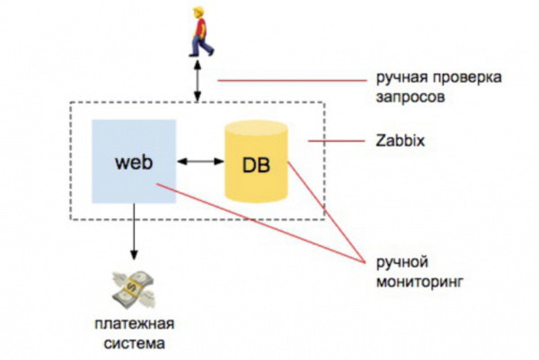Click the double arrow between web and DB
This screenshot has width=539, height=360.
tap(199, 162)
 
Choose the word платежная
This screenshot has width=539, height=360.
tap(132, 324)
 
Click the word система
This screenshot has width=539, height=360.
tap(132, 343)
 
